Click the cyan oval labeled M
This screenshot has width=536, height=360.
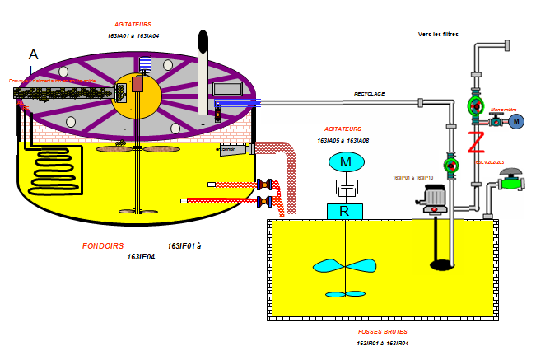pos(347,161)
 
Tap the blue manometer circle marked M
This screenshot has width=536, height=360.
pos(516,122)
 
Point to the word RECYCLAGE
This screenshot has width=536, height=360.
pos(370,94)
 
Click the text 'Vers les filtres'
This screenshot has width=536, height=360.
pos(438,34)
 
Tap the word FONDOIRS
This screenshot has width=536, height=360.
pos(103,245)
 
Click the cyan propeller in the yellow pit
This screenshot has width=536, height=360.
pos(347,267)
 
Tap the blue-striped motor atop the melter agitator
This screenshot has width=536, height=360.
pos(146,64)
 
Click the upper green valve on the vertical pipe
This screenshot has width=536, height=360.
pos(475,105)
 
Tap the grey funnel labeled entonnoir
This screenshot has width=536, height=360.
pos(233,149)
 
